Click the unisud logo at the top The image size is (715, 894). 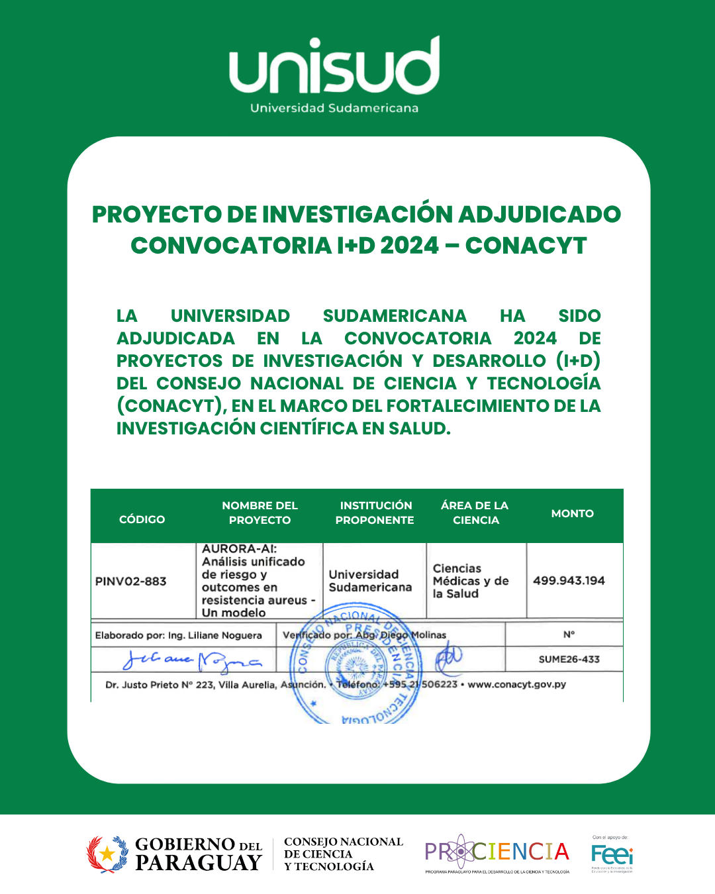pos(334,66)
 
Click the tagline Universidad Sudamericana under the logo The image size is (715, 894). pos(334,108)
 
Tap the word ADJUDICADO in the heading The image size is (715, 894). pos(539,215)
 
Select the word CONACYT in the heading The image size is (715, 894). pos(526,246)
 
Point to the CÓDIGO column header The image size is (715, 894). pos(142,519)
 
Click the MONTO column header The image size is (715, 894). pos(572,513)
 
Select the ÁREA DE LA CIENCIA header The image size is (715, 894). pos(475,513)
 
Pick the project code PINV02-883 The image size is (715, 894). pos(130,581)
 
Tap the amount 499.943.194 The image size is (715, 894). pos(569,581)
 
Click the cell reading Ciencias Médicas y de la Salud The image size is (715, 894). pos(470,581)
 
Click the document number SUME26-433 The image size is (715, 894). pos(569,660)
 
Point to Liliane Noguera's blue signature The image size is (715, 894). pos(192,660)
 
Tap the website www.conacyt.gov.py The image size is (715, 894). pos(516,684)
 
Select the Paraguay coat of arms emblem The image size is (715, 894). pos(107,854)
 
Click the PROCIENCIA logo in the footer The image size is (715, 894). pos(497,852)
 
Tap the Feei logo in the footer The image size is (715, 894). pos(612,854)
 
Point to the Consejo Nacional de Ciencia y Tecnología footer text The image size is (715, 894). pos(342,854)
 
